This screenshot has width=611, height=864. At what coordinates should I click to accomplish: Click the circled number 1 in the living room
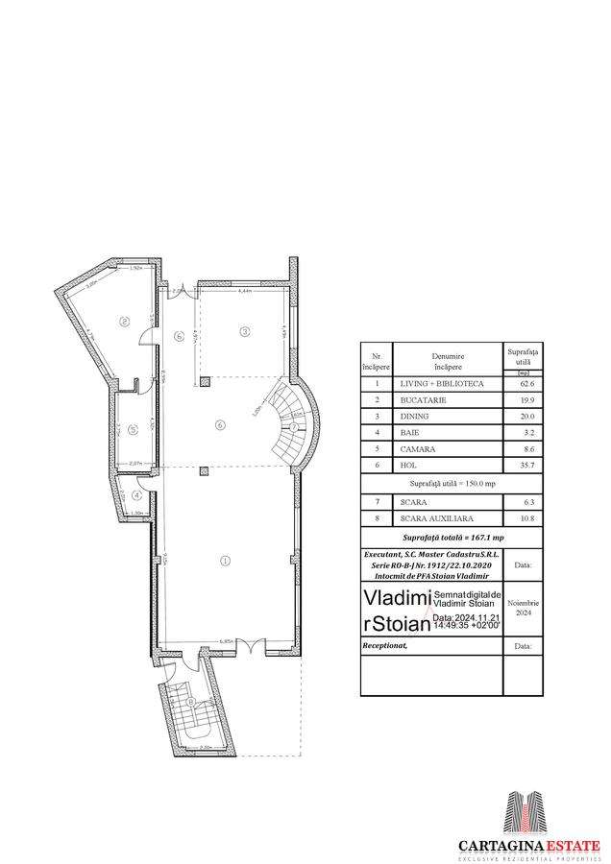226,560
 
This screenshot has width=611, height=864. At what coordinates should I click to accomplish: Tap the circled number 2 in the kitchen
124,322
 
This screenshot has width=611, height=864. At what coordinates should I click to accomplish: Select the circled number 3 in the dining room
245,332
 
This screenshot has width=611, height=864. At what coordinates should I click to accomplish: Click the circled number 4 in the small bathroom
138,495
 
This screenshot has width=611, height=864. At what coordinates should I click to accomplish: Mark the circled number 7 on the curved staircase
293,426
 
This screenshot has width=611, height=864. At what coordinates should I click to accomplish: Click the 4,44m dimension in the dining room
244,290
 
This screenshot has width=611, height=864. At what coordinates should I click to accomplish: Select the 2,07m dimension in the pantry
135,463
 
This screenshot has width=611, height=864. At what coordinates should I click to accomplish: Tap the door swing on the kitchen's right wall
146,336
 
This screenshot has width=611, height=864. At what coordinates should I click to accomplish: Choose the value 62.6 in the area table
526,383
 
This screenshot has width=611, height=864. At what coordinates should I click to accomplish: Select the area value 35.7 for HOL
526,465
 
